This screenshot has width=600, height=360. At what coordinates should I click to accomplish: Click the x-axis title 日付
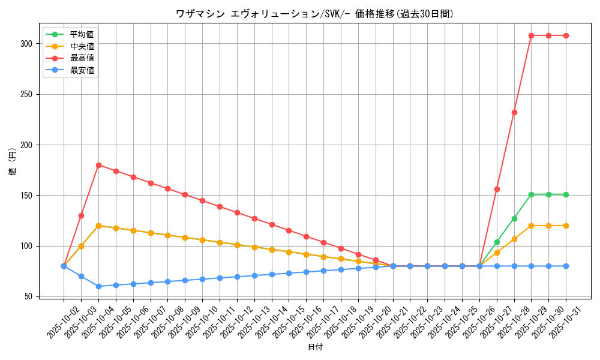coord(315,347)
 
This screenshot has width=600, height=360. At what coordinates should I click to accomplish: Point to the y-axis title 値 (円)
coord(12,162)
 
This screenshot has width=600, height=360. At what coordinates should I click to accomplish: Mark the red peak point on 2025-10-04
coord(98,165)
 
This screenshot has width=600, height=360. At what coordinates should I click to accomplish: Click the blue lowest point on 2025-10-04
coord(98,286)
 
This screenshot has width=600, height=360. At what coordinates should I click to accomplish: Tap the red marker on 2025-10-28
coord(514,112)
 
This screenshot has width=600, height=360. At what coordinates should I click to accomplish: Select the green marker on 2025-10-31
coord(566,194)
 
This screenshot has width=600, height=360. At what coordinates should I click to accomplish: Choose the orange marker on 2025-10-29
coord(531,226)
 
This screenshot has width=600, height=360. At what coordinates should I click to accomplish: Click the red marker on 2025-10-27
coord(497,189)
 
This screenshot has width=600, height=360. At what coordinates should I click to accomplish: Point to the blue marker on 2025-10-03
coord(81,276)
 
